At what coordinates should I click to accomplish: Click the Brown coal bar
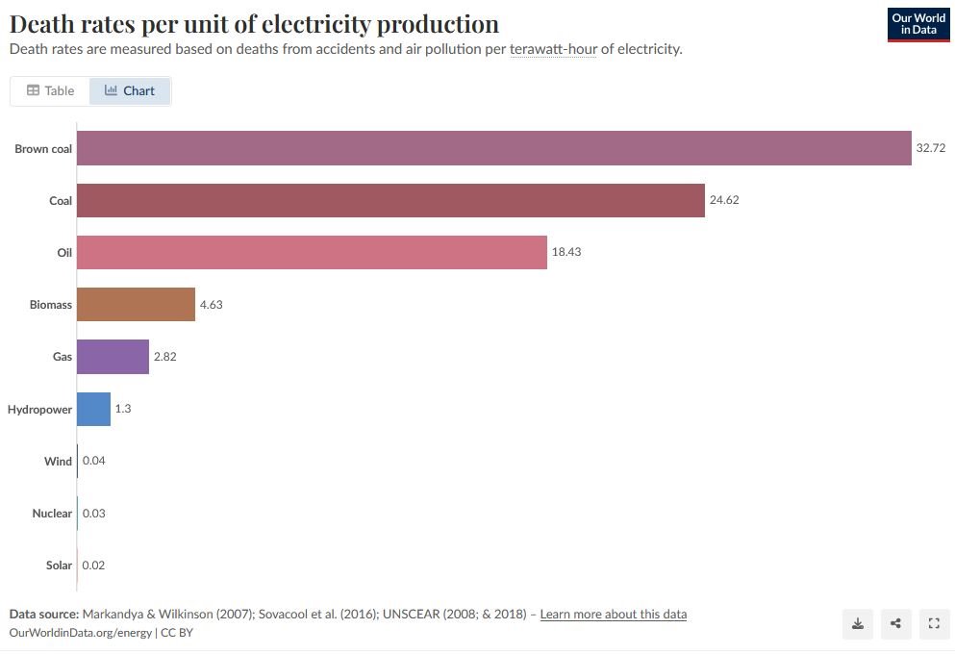tap(493, 148)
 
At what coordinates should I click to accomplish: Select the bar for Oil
tap(312, 252)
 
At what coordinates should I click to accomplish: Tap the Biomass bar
tap(136, 304)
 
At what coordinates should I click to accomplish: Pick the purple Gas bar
tap(113, 356)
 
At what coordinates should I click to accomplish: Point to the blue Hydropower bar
tap(93, 409)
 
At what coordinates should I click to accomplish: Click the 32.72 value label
tap(931, 148)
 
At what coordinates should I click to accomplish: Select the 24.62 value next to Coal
tap(724, 200)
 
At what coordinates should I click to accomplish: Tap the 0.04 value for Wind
tap(94, 461)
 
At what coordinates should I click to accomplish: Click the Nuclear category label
tap(52, 514)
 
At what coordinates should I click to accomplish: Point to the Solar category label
tap(59, 566)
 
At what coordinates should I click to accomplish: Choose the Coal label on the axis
tap(61, 200)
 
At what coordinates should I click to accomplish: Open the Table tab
tap(50, 90)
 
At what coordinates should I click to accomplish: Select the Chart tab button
tap(130, 90)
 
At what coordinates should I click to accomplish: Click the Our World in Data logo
tap(917, 25)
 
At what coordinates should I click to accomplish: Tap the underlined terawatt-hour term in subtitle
tap(553, 49)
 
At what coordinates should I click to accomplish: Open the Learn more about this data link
tap(613, 614)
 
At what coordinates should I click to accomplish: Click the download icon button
tap(858, 623)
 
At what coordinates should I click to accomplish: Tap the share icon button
tap(895, 623)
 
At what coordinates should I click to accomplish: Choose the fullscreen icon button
tap(933, 623)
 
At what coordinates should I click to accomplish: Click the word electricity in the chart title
tap(322, 24)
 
